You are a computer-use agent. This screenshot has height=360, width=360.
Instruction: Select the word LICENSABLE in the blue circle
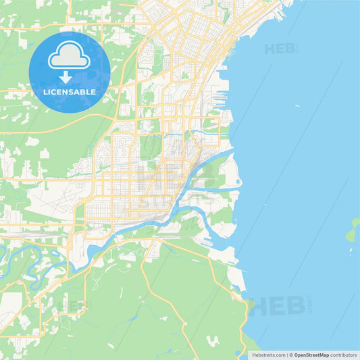(x=70, y=92)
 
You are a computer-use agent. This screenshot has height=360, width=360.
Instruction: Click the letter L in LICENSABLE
(x=45, y=92)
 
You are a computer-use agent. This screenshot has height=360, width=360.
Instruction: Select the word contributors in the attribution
(x=343, y=354)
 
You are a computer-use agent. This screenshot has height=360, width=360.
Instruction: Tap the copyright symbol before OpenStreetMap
(x=291, y=354)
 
